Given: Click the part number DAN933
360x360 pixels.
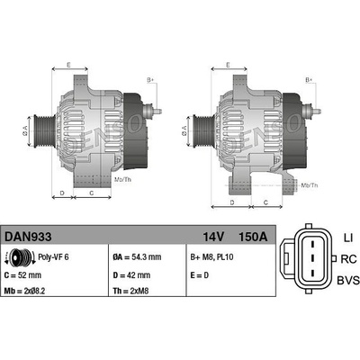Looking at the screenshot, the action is [28, 237].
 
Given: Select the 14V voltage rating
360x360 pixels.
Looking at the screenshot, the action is [213, 237].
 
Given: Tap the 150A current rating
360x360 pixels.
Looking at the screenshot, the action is [253, 237].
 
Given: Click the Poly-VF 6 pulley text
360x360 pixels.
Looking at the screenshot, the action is [53, 257].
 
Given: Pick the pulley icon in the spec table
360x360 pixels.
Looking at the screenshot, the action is [21, 257].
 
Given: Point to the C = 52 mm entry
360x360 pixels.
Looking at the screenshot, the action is [22, 275].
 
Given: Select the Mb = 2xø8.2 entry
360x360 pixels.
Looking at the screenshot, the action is [24, 291].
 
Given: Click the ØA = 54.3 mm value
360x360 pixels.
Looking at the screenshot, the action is [137, 257].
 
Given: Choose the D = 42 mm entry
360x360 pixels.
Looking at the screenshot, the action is [131, 275].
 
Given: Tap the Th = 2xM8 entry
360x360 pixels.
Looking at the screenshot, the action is [130, 291].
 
